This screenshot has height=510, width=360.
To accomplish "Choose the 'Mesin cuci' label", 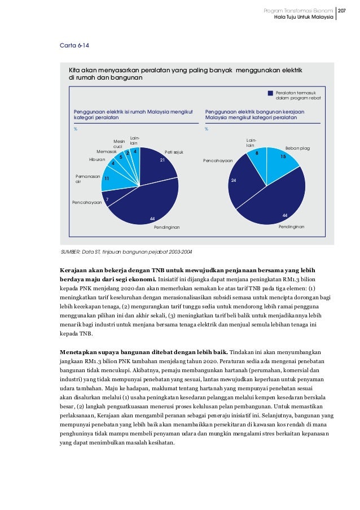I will click(118, 144).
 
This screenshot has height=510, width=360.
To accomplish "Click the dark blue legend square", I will click(270, 93).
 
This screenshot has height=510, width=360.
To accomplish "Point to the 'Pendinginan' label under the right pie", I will click(292, 226).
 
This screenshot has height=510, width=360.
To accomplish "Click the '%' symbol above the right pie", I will click(207, 129).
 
